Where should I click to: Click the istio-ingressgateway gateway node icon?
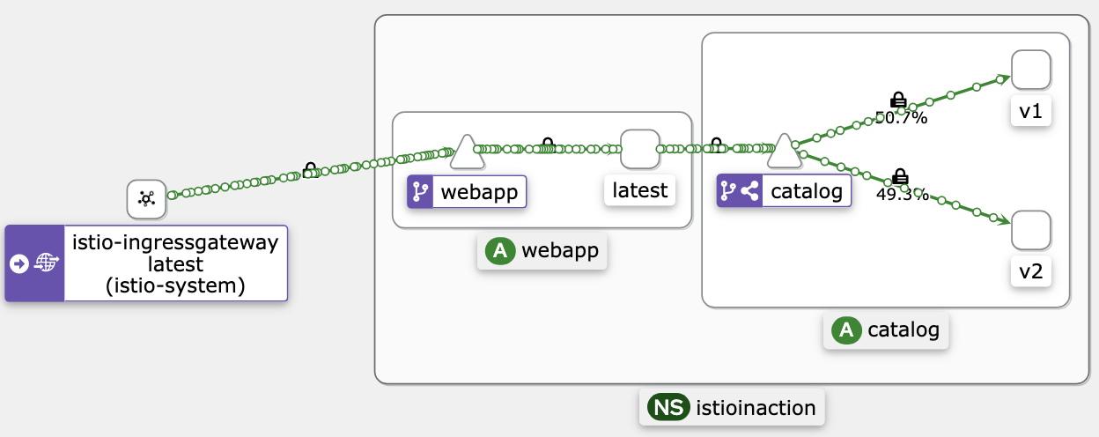146,199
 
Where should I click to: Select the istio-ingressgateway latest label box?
146,263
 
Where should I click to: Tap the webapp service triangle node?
467,152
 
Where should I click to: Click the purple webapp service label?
467,191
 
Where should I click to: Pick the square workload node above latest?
640,149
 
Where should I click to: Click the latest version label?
640,190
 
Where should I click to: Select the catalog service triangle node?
784,151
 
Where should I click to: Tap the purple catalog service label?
784,190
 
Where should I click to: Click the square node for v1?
1031,70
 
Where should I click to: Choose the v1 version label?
1031,112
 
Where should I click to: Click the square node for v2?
1031,230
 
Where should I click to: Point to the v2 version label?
1031,271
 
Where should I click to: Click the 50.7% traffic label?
901,118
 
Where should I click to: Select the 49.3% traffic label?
903,195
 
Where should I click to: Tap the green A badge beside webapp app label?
500,251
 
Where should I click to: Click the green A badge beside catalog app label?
846,330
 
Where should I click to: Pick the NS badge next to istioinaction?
668,408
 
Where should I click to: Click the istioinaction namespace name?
756,408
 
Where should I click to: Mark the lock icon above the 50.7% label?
898,100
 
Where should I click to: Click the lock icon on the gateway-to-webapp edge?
310,170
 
